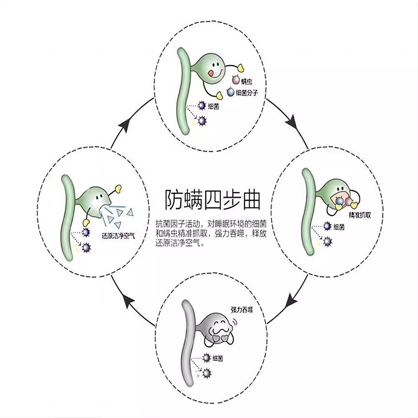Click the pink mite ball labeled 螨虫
click(235, 80)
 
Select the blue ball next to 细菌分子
click(230, 92)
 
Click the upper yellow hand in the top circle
click(240, 66)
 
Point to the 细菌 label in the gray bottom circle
click(217, 358)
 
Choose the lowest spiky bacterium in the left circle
click(87, 247)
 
